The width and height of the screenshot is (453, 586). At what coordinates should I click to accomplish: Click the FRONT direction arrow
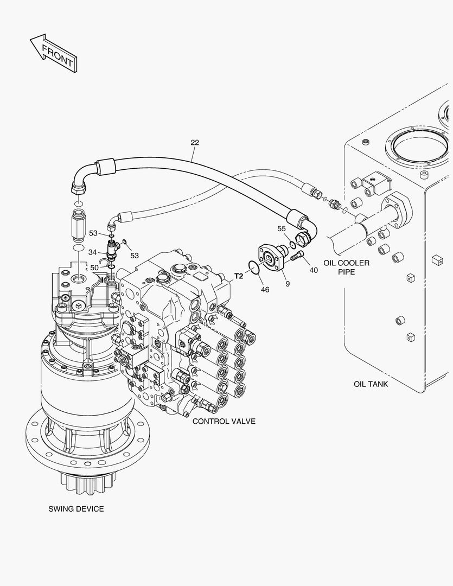pyautogui.click(x=52, y=53)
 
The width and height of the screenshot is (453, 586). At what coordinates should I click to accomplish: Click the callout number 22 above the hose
pyautogui.click(x=195, y=143)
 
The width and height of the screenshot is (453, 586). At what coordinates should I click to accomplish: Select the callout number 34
pyautogui.click(x=93, y=252)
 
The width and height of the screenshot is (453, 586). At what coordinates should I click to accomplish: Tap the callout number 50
pyautogui.click(x=94, y=267)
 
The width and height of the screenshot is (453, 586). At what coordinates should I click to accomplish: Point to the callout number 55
pyautogui.click(x=282, y=228)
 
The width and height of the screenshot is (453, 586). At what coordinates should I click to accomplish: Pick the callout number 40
pyautogui.click(x=314, y=270)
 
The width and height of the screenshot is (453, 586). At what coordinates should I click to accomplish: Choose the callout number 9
pyautogui.click(x=288, y=283)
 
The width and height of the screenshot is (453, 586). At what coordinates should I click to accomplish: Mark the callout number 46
pyautogui.click(x=265, y=290)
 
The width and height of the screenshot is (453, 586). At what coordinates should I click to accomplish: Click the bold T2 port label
pyautogui.click(x=238, y=276)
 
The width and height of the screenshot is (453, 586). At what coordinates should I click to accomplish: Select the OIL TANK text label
pyautogui.click(x=371, y=384)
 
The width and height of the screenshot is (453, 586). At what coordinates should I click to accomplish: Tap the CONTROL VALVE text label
pyautogui.click(x=224, y=421)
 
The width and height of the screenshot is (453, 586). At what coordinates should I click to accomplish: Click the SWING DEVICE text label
pyautogui.click(x=76, y=509)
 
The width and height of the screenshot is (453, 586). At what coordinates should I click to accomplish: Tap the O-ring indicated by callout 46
pyautogui.click(x=253, y=266)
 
